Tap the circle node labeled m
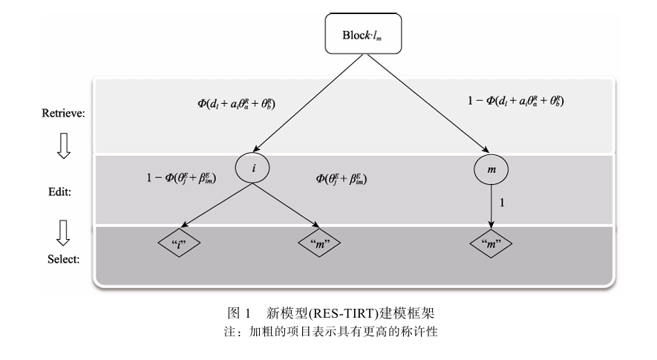click(x=491, y=170)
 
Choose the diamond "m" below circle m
click(x=491, y=243)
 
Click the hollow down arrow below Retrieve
click(x=64, y=145)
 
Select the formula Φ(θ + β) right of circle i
click(x=342, y=179)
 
